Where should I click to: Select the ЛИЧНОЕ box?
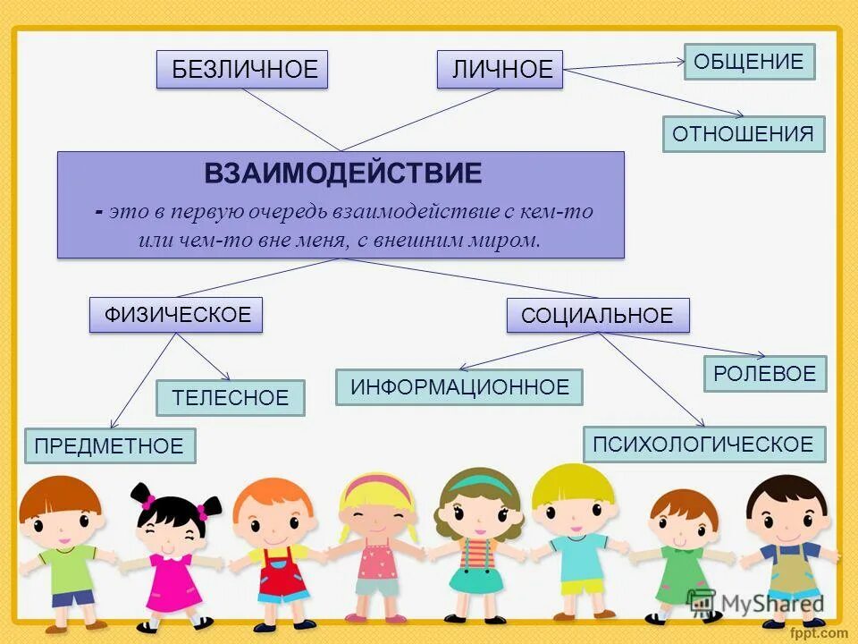(x=500, y=70)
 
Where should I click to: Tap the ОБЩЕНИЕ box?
(x=749, y=62)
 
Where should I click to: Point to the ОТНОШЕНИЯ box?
(x=743, y=134)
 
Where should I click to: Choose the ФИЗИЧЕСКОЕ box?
(x=176, y=315)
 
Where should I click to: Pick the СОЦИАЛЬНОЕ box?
(x=597, y=316)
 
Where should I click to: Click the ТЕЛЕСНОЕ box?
(x=230, y=398)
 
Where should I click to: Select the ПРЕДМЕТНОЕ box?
(x=109, y=445)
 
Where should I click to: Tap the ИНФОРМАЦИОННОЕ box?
(x=459, y=387)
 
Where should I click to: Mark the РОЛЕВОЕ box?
(x=764, y=374)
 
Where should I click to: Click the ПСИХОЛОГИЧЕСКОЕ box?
(x=703, y=444)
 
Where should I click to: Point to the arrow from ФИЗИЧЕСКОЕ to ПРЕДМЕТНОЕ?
(x=143, y=381)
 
